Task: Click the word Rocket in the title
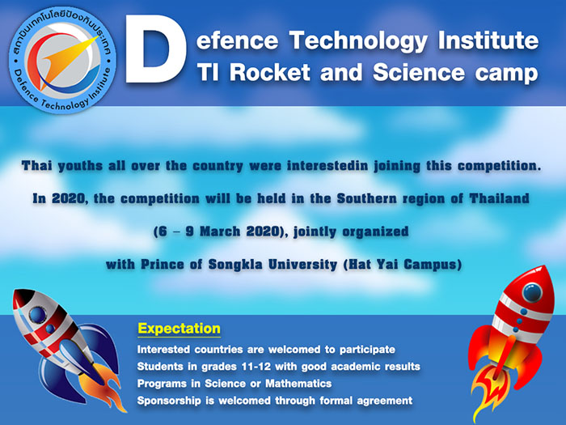[x=269, y=72]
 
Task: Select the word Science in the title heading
[x=418, y=72]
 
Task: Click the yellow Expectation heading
[x=179, y=329]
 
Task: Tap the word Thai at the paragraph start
[x=36, y=166]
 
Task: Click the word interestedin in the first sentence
[x=327, y=166]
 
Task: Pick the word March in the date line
[x=220, y=232]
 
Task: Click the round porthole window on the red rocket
[x=532, y=293]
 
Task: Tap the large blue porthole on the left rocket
[x=38, y=315]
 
